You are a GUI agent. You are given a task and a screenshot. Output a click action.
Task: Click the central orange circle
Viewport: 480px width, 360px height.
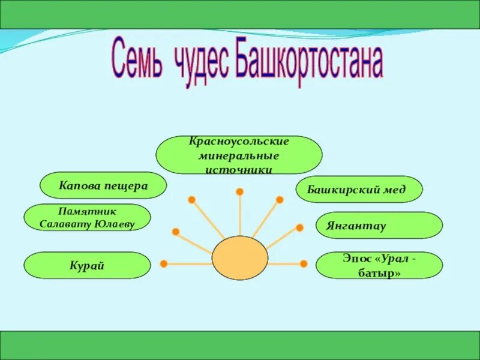[x=239, y=258]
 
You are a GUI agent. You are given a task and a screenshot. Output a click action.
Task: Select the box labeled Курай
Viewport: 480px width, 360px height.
[x=87, y=265]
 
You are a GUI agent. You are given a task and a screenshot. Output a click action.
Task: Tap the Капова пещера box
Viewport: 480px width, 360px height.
[x=103, y=185]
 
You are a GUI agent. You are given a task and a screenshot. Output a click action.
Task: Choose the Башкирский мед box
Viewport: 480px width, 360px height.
[x=359, y=190]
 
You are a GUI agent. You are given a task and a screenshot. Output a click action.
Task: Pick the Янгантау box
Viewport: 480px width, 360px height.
[x=379, y=226]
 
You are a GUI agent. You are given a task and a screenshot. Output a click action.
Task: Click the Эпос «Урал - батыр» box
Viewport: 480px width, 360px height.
[x=379, y=265]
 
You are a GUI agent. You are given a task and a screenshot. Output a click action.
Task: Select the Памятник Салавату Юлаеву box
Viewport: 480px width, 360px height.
[x=87, y=217]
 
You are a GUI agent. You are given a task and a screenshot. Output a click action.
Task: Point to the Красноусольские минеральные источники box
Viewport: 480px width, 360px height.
[x=239, y=155]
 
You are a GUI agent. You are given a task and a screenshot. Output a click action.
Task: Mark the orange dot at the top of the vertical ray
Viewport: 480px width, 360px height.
[x=239, y=192]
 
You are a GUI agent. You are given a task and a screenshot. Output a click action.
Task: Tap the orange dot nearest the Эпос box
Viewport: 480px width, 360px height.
[x=304, y=263]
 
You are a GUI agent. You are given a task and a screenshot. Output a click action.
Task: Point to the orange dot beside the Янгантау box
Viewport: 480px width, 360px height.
[x=299, y=227]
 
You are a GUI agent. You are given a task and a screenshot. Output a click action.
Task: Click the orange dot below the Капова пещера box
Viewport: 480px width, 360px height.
[x=191, y=199]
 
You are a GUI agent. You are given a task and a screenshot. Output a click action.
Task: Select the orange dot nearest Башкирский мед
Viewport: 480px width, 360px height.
[x=279, y=199]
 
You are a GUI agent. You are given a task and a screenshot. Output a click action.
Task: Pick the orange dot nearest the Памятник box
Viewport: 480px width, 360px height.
[x=175, y=231]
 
